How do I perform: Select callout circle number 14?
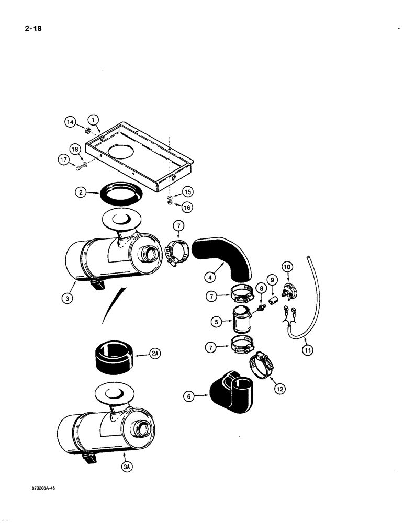pyautogui.click(x=71, y=123)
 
